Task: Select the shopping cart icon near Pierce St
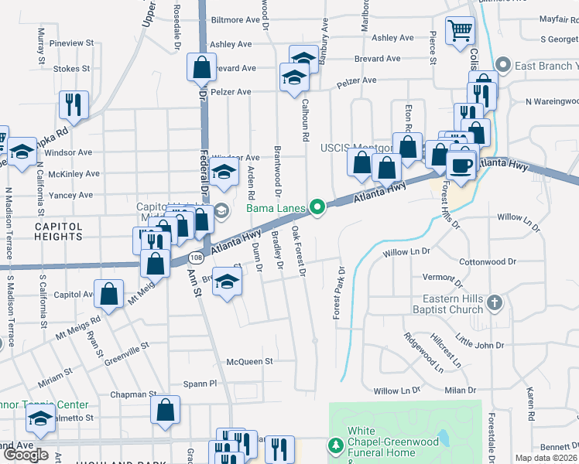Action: tap(461, 31)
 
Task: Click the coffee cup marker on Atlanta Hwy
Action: tap(461, 165)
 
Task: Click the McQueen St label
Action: tap(250, 361)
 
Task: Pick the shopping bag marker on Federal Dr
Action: tap(201, 67)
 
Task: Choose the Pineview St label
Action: tap(71, 45)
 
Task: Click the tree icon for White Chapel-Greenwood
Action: tap(335, 445)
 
